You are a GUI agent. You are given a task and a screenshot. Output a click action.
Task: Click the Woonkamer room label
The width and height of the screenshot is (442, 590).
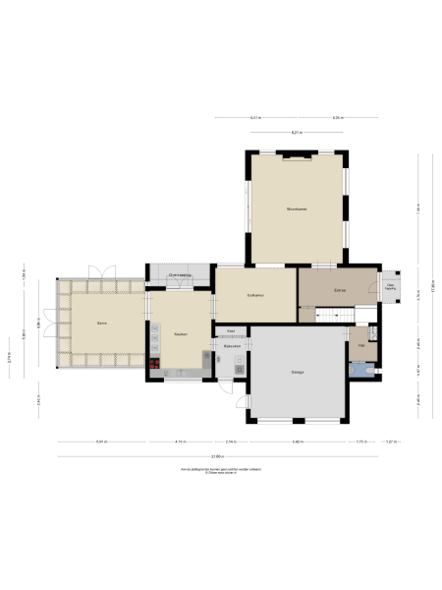pos(298,209)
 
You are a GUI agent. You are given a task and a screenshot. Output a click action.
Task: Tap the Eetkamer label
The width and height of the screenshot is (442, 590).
pos(255,296)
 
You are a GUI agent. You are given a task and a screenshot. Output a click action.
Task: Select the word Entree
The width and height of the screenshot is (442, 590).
pos(339,291)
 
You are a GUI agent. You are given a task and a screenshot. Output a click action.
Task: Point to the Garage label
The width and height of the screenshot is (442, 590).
pos(297,372)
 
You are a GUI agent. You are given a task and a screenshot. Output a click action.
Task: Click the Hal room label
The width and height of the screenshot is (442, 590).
pos(361,345)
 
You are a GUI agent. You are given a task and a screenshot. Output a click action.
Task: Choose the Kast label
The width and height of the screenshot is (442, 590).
pos(231,331)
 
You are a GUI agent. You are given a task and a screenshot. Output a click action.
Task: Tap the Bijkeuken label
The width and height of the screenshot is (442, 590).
pos(232,347)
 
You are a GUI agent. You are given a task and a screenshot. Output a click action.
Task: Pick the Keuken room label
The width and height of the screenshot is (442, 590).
pos(181,334)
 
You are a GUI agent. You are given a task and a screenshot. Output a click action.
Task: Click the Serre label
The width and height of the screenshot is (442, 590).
pos(101,323)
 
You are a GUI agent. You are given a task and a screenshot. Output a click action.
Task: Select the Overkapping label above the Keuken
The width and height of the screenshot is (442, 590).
pos(180,274)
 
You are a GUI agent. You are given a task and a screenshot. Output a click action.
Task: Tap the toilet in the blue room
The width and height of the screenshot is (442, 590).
pos(366,371)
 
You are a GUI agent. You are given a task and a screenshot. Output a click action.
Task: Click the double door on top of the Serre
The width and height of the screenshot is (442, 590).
pos(102,271)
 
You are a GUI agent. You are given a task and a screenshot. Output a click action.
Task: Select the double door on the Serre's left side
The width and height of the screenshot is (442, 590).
pos(45,324)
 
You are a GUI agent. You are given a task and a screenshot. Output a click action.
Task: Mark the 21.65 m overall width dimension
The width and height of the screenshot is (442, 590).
pos(214,456)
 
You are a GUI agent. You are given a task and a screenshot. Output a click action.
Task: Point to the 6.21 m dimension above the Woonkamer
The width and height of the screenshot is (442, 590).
pos(295,132)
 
